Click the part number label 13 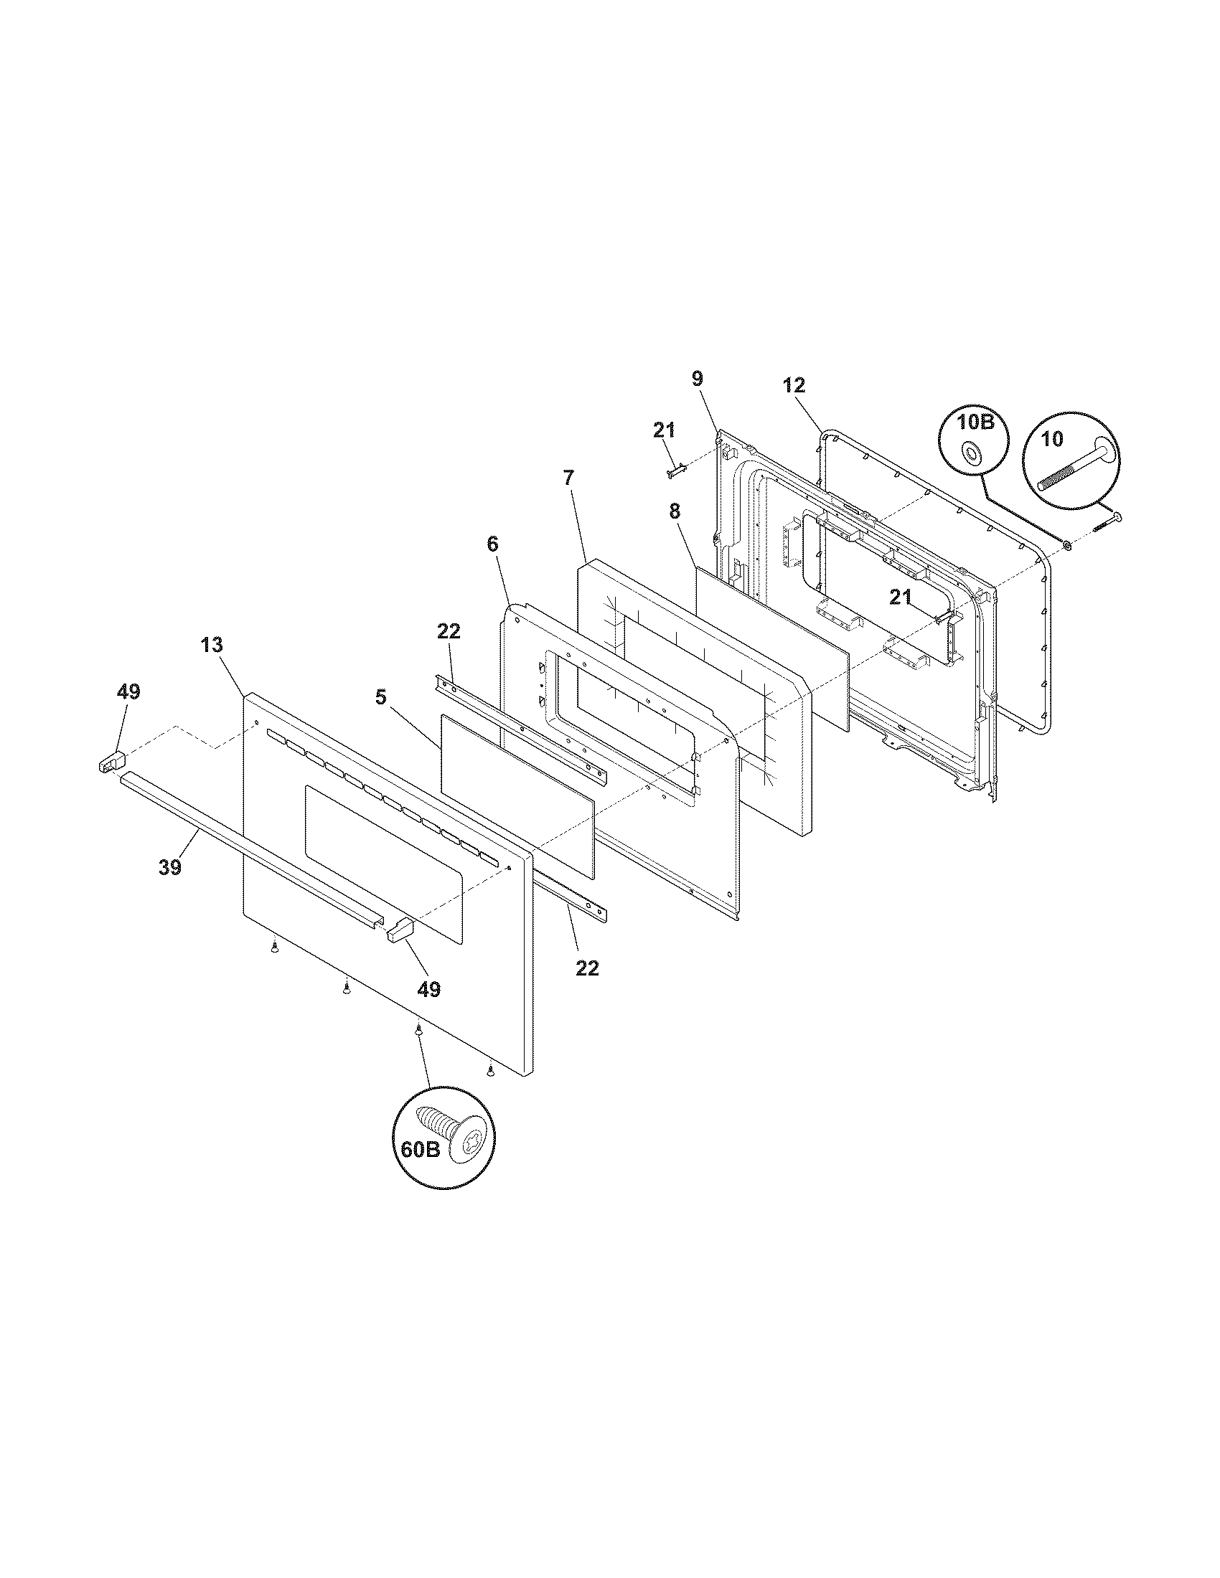tap(212, 645)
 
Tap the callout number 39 tap(170, 867)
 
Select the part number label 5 tap(381, 697)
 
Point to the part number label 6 tap(492, 544)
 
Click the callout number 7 tap(568, 478)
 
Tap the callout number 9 tap(697, 378)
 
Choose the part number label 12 tap(794, 385)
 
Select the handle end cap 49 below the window tap(399, 930)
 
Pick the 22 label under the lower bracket tap(588, 968)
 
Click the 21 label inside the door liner tap(900, 597)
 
